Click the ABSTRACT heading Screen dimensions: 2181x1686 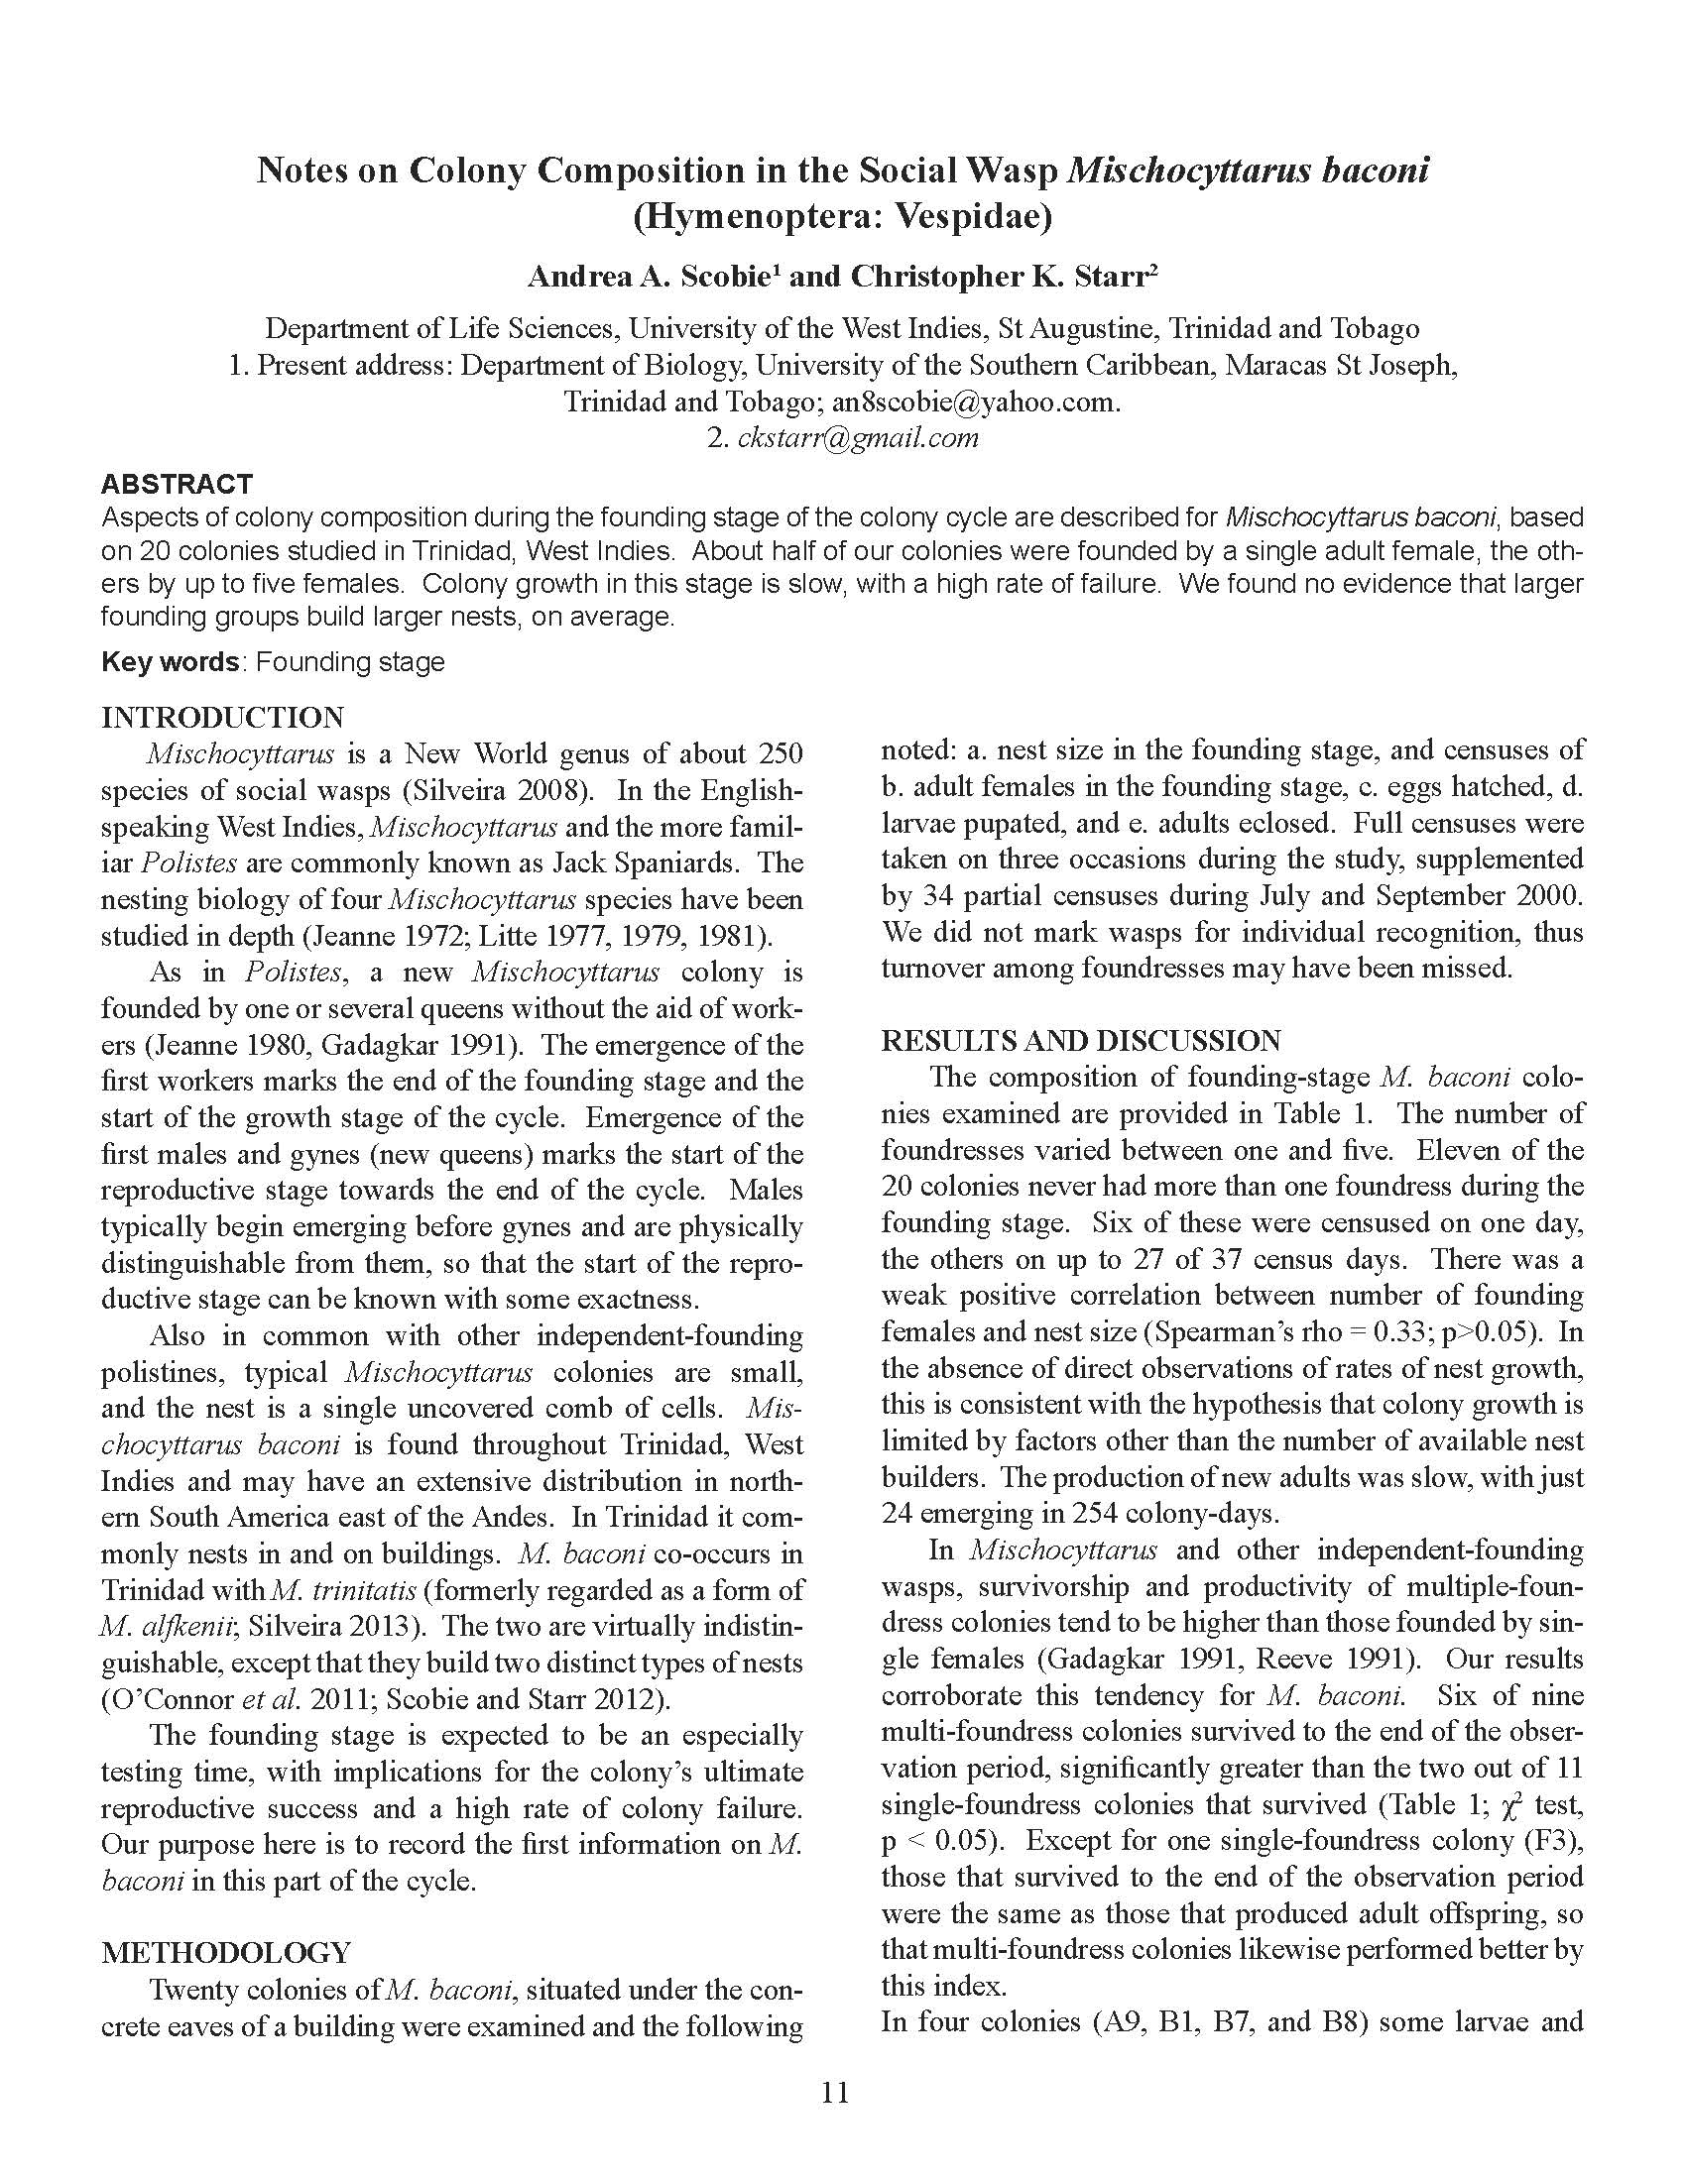tap(176, 485)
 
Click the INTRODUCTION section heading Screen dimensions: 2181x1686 tap(222, 717)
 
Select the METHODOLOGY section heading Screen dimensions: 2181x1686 tap(226, 1952)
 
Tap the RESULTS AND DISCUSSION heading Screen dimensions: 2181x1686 tap(1081, 1041)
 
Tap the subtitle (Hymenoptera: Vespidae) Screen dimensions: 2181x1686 tap(842, 217)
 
